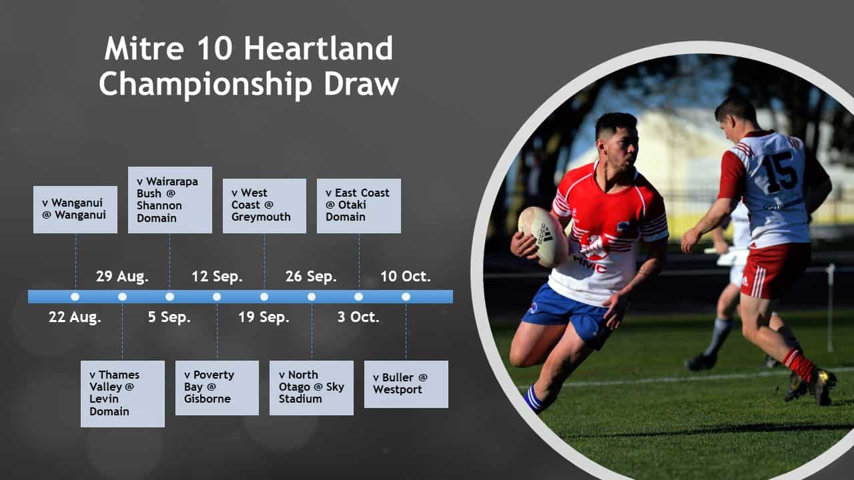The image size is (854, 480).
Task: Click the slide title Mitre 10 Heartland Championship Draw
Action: coord(249,67)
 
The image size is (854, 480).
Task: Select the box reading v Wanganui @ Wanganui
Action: coord(75,209)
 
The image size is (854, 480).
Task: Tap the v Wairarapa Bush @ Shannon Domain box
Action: coord(169,199)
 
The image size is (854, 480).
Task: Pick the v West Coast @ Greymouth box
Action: coord(264,205)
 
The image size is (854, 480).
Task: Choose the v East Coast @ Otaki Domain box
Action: coord(358,205)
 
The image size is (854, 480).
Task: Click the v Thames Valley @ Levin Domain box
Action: coord(123,393)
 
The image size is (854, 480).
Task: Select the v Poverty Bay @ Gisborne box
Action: coord(217,387)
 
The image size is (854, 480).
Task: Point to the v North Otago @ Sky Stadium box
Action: coord(312,387)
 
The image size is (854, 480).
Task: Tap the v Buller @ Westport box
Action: coord(406,384)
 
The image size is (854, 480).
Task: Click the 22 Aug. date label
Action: coord(75,317)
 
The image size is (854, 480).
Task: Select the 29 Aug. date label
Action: coord(122,276)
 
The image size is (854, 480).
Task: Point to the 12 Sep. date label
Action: coord(217,276)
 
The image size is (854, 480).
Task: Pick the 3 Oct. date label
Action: coord(358,317)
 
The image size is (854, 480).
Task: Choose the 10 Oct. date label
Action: coord(406,276)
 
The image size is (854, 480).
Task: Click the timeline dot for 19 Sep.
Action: coord(264,297)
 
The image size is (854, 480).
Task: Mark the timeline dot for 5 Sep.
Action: coord(169,297)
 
